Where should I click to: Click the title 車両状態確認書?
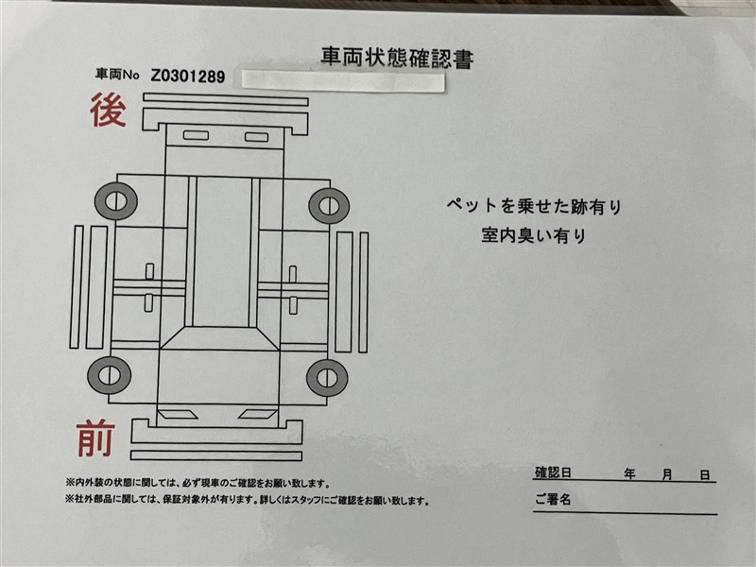[x=397, y=58]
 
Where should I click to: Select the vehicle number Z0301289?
[x=188, y=76]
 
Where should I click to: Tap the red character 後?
[x=108, y=111]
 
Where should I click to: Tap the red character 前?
[x=95, y=438]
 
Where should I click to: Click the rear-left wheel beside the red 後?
[x=116, y=201]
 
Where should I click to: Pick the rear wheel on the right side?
[x=329, y=206]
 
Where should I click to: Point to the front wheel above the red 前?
[x=110, y=375]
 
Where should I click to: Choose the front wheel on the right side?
[x=327, y=377]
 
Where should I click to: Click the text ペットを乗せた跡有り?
[x=534, y=206]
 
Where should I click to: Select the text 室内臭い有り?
[x=534, y=235]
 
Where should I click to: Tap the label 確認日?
[x=553, y=472]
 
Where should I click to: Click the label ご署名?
[x=553, y=500]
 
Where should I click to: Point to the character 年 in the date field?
[x=629, y=474]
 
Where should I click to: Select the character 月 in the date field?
[x=667, y=475]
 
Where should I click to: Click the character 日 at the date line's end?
[x=705, y=475]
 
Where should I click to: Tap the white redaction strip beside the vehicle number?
[x=343, y=81]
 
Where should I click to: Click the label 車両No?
[x=117, y=75]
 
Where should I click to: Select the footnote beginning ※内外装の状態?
[x=198, y=483]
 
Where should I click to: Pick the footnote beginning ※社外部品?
[x=248, y=501]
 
